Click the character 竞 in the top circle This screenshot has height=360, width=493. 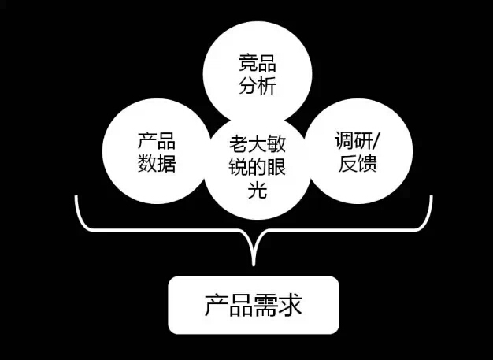248,63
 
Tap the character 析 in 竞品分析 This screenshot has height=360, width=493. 267,85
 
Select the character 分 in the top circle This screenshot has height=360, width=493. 248,85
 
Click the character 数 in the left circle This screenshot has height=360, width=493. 146,163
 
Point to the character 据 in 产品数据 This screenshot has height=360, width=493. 166,163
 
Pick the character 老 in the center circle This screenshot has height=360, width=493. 239,144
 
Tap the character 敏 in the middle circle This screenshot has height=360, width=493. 276,144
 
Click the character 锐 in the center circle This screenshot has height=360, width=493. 239,167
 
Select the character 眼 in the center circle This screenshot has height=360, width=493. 276,167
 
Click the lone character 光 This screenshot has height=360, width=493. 258,190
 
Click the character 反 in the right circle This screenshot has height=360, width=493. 348,163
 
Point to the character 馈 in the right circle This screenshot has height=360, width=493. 367,163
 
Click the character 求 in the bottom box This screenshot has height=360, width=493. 290,305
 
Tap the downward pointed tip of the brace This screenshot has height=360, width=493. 254,265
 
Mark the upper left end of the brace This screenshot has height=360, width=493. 76,197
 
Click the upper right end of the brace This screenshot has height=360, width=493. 431,197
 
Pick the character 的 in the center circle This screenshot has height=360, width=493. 258,167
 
